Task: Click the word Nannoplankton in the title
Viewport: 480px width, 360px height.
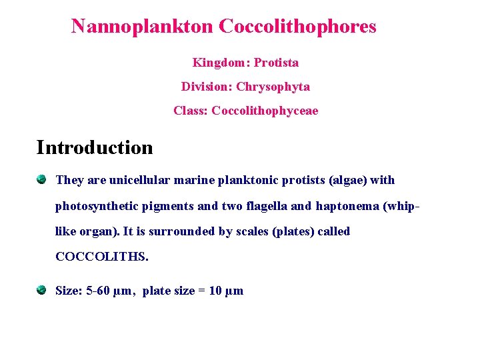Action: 142,27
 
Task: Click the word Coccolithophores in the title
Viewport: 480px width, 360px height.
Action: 297,27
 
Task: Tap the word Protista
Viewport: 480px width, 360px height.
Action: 276,63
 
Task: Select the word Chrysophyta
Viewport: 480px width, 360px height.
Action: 273,87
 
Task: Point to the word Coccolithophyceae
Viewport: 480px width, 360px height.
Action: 265,111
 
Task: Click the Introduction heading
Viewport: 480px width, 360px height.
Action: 95,147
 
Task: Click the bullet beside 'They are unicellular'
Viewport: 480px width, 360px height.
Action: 42,179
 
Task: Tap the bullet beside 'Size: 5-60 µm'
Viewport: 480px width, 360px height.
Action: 42,290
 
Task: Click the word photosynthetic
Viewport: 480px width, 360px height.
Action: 95,206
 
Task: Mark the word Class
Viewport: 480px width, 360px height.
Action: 189,111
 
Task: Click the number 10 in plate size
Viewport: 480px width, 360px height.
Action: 216,291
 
